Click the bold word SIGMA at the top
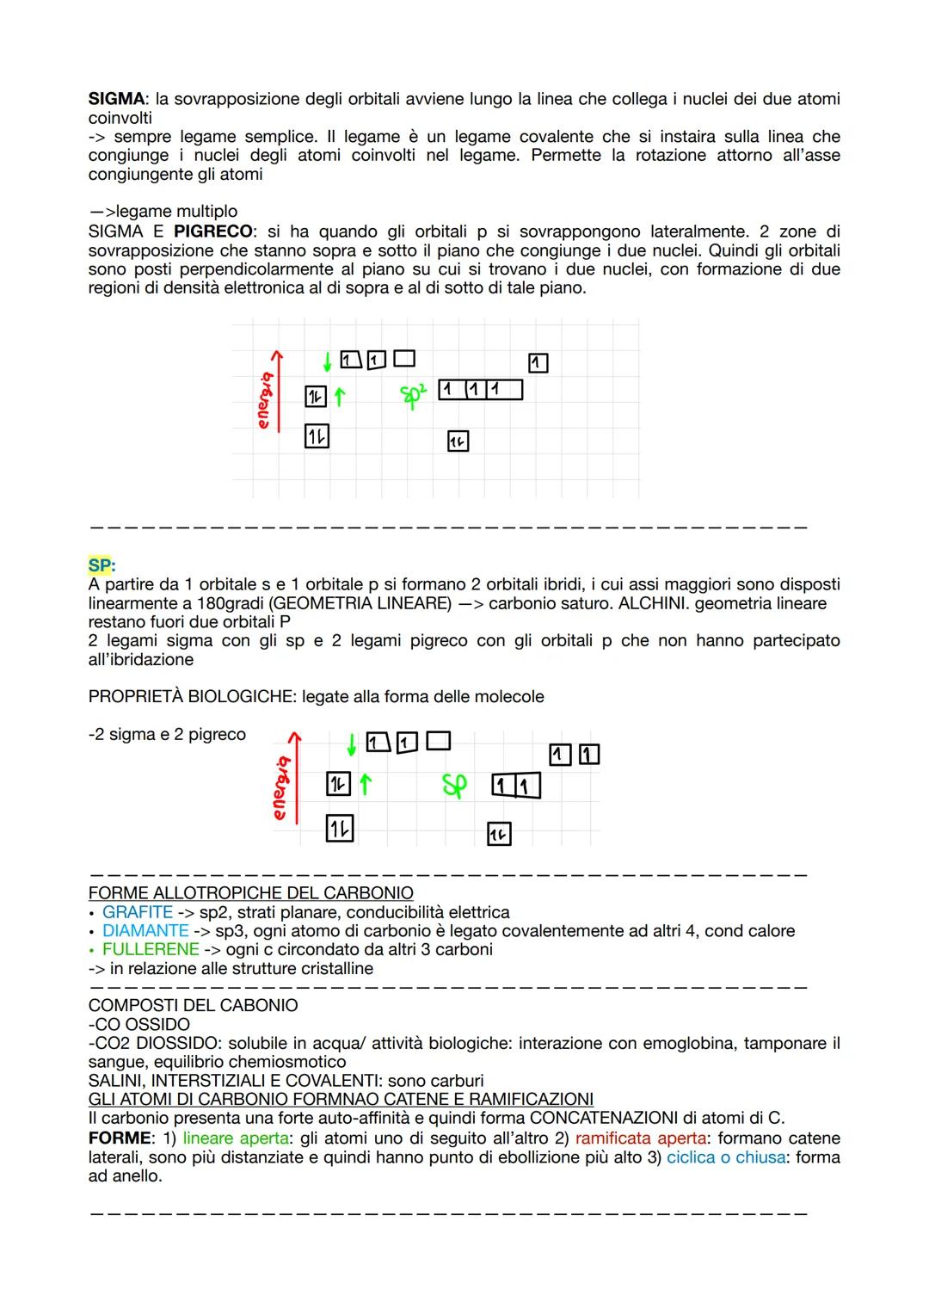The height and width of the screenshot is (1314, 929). pos(114,99)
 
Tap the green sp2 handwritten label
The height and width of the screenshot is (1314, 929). pos(414,394)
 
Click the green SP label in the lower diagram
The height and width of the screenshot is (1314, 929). pos(454,785)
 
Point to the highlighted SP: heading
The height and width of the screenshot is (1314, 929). pos(102,565)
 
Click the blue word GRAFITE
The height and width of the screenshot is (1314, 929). pos(138,912)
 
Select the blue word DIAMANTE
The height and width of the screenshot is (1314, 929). pos(145,931)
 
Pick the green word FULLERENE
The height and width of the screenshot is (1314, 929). pos(151,950)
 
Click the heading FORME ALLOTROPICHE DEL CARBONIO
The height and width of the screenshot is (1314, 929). pos(250,893)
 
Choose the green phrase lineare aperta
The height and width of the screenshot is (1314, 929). pos(235,1138)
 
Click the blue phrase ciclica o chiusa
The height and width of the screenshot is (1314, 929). pos(725,1157)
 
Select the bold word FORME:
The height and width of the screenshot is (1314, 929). pos(120,1138)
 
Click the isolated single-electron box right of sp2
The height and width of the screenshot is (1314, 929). pos(538,363)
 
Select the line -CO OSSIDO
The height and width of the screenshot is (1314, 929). pos(139,1025)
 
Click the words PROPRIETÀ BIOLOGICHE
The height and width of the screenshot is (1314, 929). pos(192,696)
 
